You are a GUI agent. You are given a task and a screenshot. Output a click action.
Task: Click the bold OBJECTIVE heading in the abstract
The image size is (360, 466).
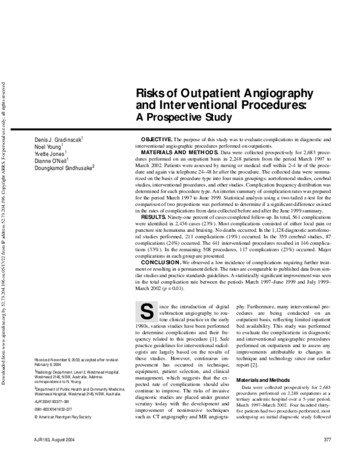coord(158,139)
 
